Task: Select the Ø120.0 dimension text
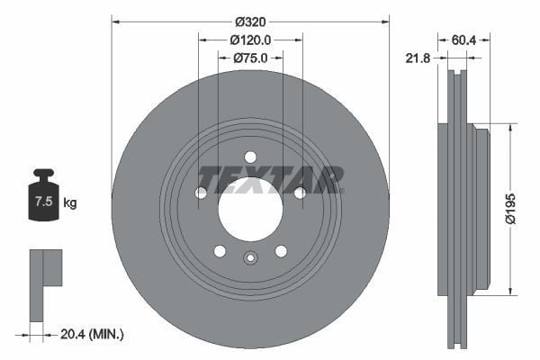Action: click(x=250, y=40)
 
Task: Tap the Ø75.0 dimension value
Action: click(x=250, y=58)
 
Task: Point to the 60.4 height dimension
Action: click(x=463, y=40)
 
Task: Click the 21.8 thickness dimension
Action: click(x=417, y=58)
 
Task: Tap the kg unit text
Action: click(x=70, y=202)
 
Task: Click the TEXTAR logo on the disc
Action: click(x=270, y=179)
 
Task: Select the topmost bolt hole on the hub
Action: click(x=250, y=157)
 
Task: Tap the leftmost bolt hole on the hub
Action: click(x=201, y=193)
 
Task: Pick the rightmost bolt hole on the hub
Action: click(x=300, y=193)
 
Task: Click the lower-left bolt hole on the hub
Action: click(x=220, y=251)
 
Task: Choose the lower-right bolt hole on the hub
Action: click(x=281, y=251)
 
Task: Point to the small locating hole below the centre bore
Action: click(x=250, y=259)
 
